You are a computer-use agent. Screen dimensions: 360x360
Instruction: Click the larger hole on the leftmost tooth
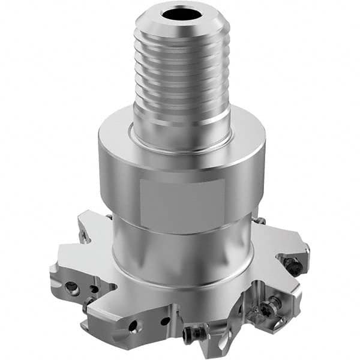[71, 287]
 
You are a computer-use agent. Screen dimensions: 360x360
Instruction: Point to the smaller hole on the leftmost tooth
[94, 289]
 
